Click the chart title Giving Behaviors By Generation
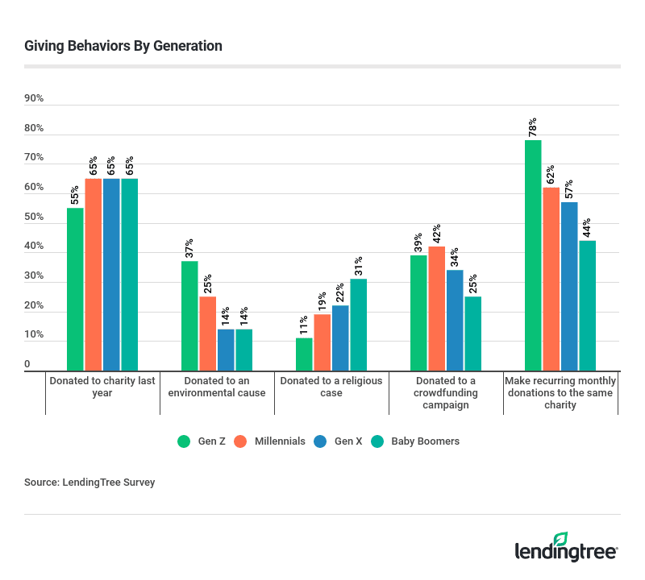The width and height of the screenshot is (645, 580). click(x=123, y=46)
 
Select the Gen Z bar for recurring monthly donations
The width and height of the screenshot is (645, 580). click(x=533, y=255)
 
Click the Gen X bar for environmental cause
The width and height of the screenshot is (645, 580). click(x=226, y=349)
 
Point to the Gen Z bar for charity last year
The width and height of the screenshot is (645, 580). click(x=75, y=288)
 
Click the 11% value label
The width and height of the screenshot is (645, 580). click(x=304, y=325)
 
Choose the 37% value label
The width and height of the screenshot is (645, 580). click(x=189, y=249)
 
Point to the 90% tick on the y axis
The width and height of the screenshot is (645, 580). click(x=34, y=98)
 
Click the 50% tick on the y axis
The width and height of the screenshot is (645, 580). click(x=34, y=217)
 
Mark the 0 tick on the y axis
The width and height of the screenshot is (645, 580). click(x=27, y=364)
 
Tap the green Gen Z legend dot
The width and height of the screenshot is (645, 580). click(x=183, y=441)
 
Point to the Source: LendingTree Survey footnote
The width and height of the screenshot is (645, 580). click(x=89, y=483)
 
